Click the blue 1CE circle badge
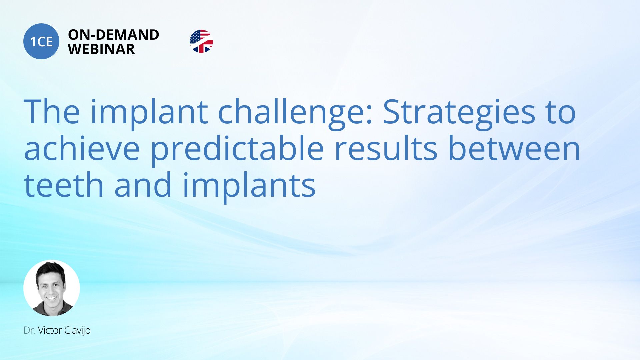[41, 41]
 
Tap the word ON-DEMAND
[113, 35]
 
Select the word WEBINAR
[101, 49]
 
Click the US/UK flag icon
[201, 41]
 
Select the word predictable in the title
[237, 148]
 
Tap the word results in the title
[386, 148]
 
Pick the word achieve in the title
[82, 148]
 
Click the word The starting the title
[52, 111]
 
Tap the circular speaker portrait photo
[52, 288]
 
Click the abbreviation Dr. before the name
[30, 330]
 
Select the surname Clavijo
[77, 331]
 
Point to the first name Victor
[50, 330]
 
